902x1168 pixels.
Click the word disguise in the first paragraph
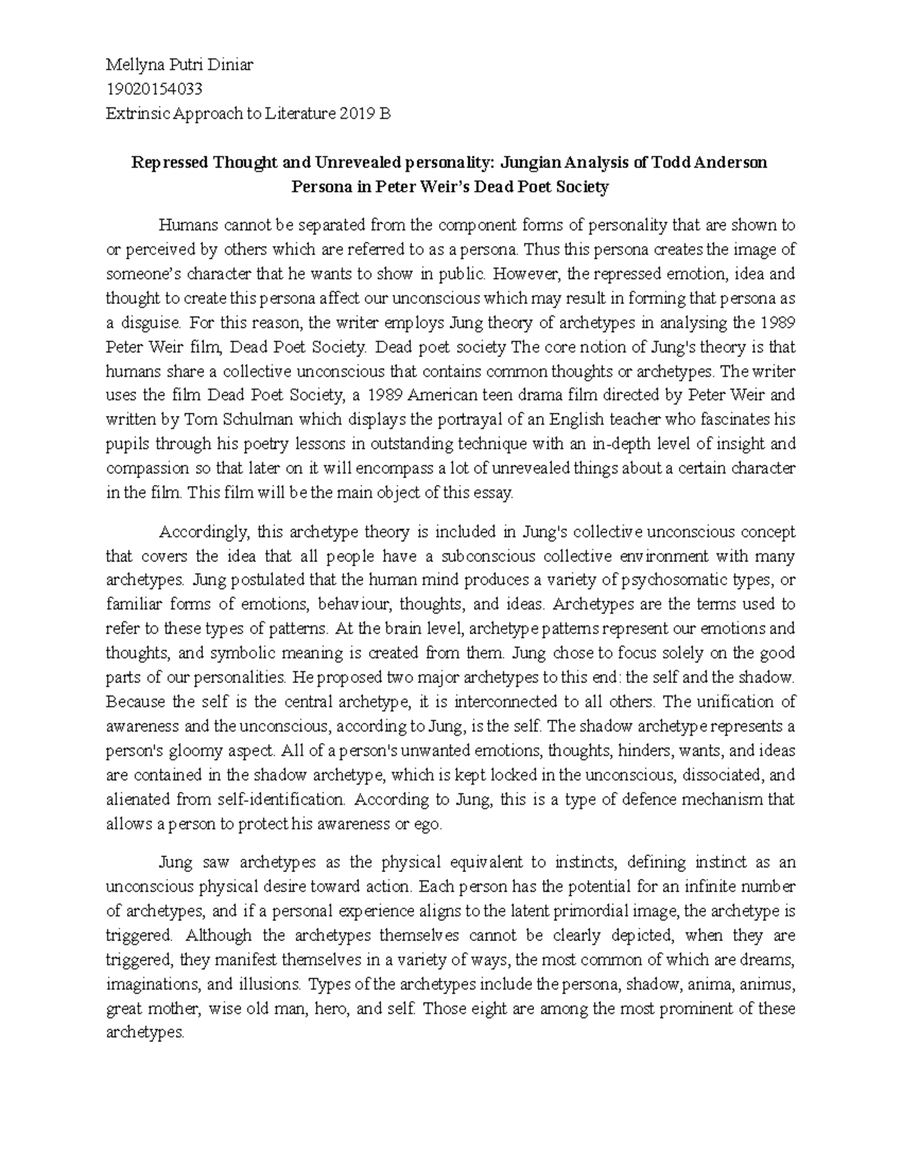[x=150, y=323]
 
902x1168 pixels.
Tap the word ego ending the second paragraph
[x=428, y=824]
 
